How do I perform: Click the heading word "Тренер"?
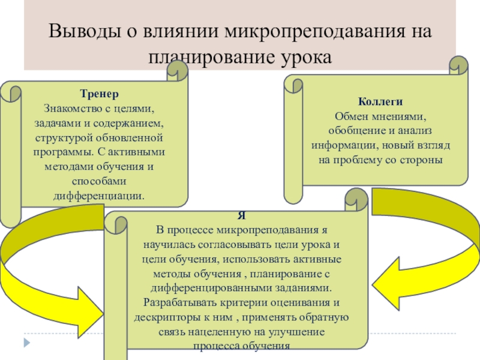click(99, 94)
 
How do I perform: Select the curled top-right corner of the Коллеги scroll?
click(458, 66)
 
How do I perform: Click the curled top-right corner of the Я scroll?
click(356, 201)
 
